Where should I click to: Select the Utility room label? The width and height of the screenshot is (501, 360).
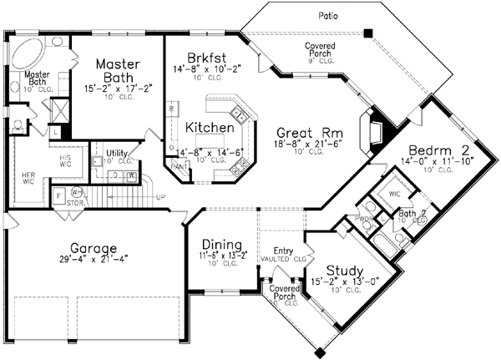115,153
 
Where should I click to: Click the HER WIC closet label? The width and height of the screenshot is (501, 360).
29,178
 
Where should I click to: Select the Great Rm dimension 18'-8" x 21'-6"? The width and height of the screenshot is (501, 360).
303,145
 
